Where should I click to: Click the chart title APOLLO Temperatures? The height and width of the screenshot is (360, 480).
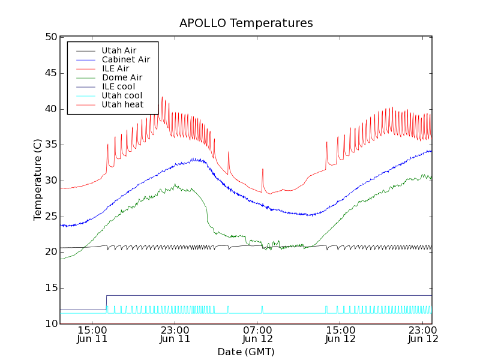pyautogui.click(x=246, y=23)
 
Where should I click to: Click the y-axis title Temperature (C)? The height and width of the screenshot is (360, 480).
pyautogui.click(x=38, y=180)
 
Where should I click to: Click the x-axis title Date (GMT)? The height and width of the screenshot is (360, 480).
pyautogui.click(x=246, y=352)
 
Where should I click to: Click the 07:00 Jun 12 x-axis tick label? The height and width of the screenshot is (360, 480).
pyautogui.click(x=257, y=334)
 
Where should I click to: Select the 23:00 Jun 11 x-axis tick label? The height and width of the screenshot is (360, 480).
pyautogui.click(x=175, y=334)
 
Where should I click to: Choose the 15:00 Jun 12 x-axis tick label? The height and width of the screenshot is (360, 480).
pyautogui.click(x=340, y=334)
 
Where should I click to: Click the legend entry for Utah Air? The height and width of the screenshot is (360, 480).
pyautogui.click(x=119, y=51)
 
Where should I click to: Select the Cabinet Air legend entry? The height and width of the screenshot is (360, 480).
pyautogui.click(x=125, y=60)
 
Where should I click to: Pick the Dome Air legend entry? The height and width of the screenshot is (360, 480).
pyautogui.click(x=122, y=77)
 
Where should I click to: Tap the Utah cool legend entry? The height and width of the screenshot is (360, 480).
pyautogui.click(x=122, y=95)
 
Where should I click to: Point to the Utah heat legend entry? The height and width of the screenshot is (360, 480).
pyautogui.click(x=122, y=104)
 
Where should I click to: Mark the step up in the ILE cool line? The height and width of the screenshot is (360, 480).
pyautogui.click(x=106, y=302)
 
